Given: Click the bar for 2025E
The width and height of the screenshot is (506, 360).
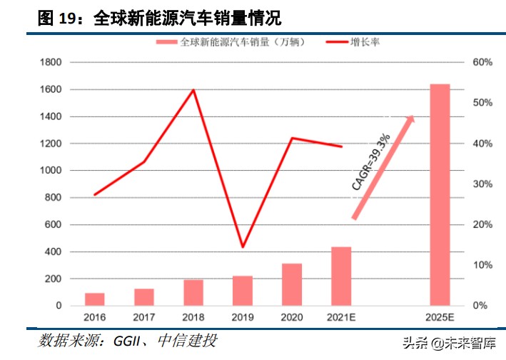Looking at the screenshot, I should [440, 195].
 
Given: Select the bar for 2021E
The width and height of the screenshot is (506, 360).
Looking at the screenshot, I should [341, 276].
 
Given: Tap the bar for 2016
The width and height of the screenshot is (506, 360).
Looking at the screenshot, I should [95, 299].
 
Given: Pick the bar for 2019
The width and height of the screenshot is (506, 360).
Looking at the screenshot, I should [243, 291].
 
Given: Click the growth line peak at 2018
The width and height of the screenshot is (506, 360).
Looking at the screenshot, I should [194, 90].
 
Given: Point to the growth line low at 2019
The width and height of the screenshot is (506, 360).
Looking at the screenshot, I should [243, 247].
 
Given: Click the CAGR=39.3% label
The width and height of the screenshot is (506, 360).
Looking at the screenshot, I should [371, 161].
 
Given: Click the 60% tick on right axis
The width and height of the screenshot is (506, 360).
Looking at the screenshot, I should [482, 63].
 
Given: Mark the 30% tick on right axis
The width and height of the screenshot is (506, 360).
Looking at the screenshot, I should [482, 184].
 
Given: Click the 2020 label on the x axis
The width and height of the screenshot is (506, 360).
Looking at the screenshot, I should [292, 316].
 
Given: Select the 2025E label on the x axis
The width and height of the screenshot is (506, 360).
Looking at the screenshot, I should [440, 316].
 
